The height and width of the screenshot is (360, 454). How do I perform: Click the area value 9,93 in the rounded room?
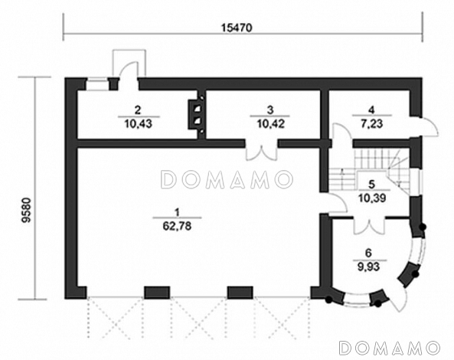click(371, 269)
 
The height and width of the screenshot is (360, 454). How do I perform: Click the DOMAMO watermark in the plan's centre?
click(227, 180)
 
